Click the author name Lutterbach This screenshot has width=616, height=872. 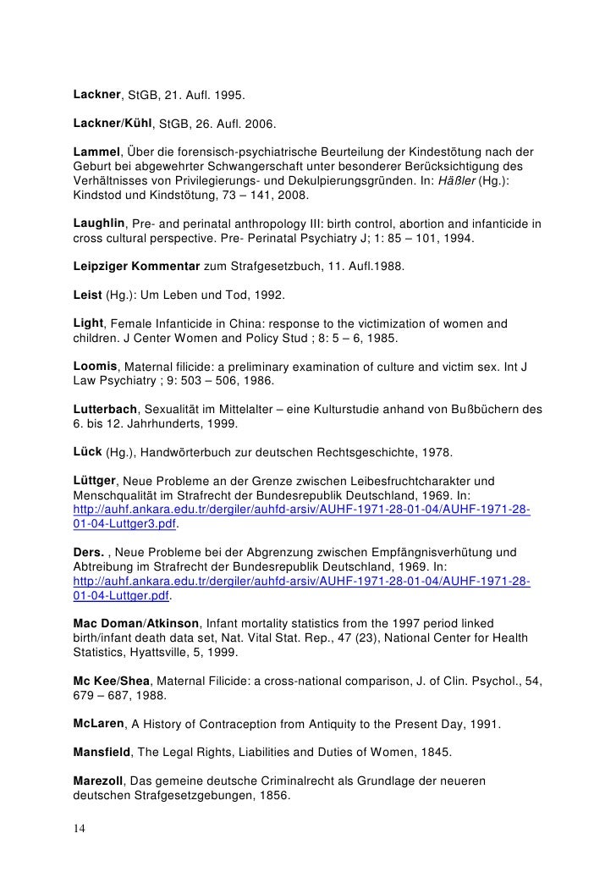tap(103, 407)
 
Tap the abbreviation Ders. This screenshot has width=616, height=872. tap(88, 551)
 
